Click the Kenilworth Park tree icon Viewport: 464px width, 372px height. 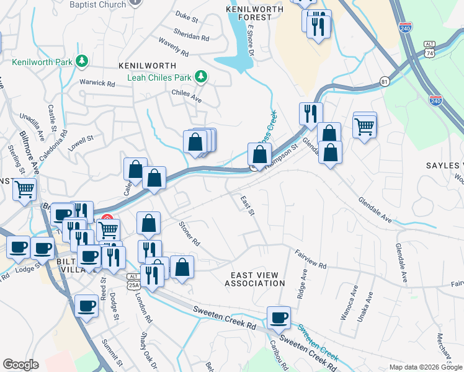[81, 61]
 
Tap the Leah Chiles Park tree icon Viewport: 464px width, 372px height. [200, 77]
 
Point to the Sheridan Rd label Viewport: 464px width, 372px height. [192, 37]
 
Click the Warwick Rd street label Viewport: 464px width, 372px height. [97, 82]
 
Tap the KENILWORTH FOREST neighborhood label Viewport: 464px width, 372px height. [249, 14]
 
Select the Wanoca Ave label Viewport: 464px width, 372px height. [354, 298]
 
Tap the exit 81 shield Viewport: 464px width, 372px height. [385, 82]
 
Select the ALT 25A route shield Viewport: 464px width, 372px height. [133, 281]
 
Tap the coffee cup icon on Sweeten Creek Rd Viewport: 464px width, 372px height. [279, 317]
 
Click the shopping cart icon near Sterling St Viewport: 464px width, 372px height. [25, 189]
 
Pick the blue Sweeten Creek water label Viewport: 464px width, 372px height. [317, 343]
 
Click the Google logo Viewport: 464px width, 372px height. [20, 365]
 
